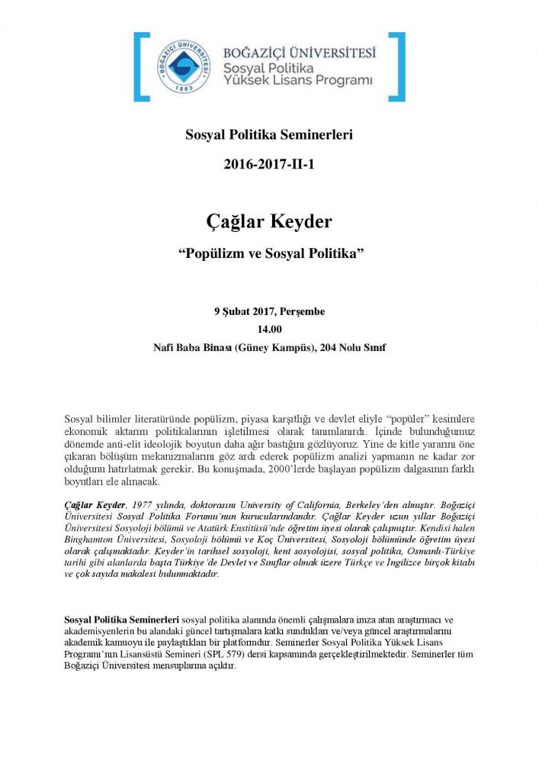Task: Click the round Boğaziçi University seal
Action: (183, 67)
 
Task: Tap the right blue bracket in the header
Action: (398, 67)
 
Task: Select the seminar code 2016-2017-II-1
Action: (269, 164)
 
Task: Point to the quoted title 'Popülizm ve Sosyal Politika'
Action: (269, 253)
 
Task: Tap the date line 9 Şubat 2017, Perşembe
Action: (269, 311)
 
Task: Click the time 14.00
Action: (269, 329)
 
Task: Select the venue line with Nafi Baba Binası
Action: (269, 347)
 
